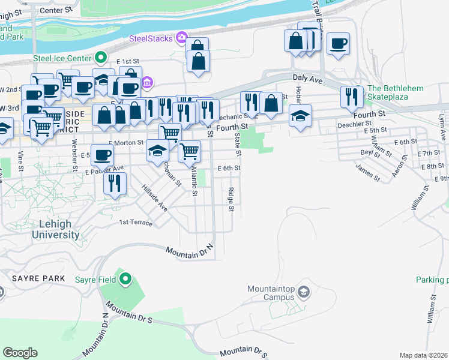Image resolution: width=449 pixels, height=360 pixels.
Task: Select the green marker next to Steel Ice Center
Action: point(101,58)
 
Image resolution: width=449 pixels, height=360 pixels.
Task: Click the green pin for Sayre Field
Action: point(125,278)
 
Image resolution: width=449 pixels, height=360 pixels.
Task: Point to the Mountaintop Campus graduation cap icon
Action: point(304,292)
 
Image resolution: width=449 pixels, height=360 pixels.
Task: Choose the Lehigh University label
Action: point(55,229)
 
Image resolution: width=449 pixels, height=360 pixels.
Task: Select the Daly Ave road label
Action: point(307,79)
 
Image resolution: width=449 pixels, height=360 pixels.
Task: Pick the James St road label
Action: point(367,174)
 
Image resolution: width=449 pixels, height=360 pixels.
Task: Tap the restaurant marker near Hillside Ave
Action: point(113,182)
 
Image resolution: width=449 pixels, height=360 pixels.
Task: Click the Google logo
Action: point(20,353)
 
